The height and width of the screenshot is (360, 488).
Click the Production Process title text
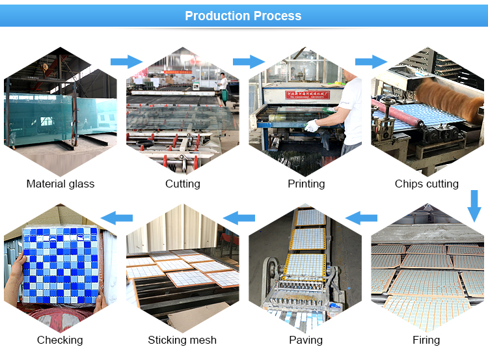pos(243,16)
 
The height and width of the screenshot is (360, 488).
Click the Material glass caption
pos(61,184)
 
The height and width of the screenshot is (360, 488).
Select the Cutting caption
pos(182,184)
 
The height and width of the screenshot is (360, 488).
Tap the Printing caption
pos(306,184)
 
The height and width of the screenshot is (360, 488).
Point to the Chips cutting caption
pos(426,184)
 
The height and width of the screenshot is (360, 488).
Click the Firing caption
pos(426,340)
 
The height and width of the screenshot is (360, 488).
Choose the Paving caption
pos(306,340)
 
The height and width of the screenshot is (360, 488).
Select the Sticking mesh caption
pos(182,340)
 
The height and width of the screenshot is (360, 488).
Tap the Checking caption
pos(60,340)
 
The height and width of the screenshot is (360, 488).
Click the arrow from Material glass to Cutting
pos(126,62)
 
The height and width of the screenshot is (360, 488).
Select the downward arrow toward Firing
pos(475,206)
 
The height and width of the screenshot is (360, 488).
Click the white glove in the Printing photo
pos(313,125)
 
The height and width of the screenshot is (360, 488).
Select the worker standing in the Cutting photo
pos(223,88)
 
